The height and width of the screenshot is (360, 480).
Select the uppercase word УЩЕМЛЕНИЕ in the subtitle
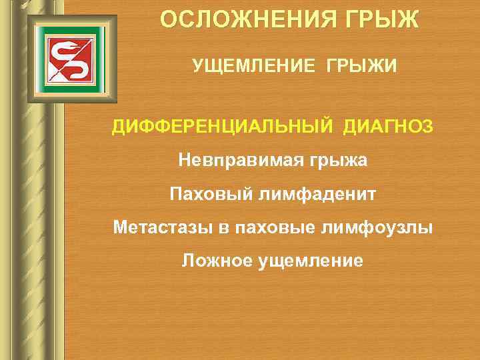pyautogui.click(x=251, y=65)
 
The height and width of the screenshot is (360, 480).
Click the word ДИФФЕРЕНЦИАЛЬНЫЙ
pyautogui.click(x=223, y=126)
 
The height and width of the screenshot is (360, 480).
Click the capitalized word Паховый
pyautogui.click(x=201, y=194)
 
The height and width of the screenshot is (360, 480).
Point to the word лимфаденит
pyautogui.click(x=309, y=194)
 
